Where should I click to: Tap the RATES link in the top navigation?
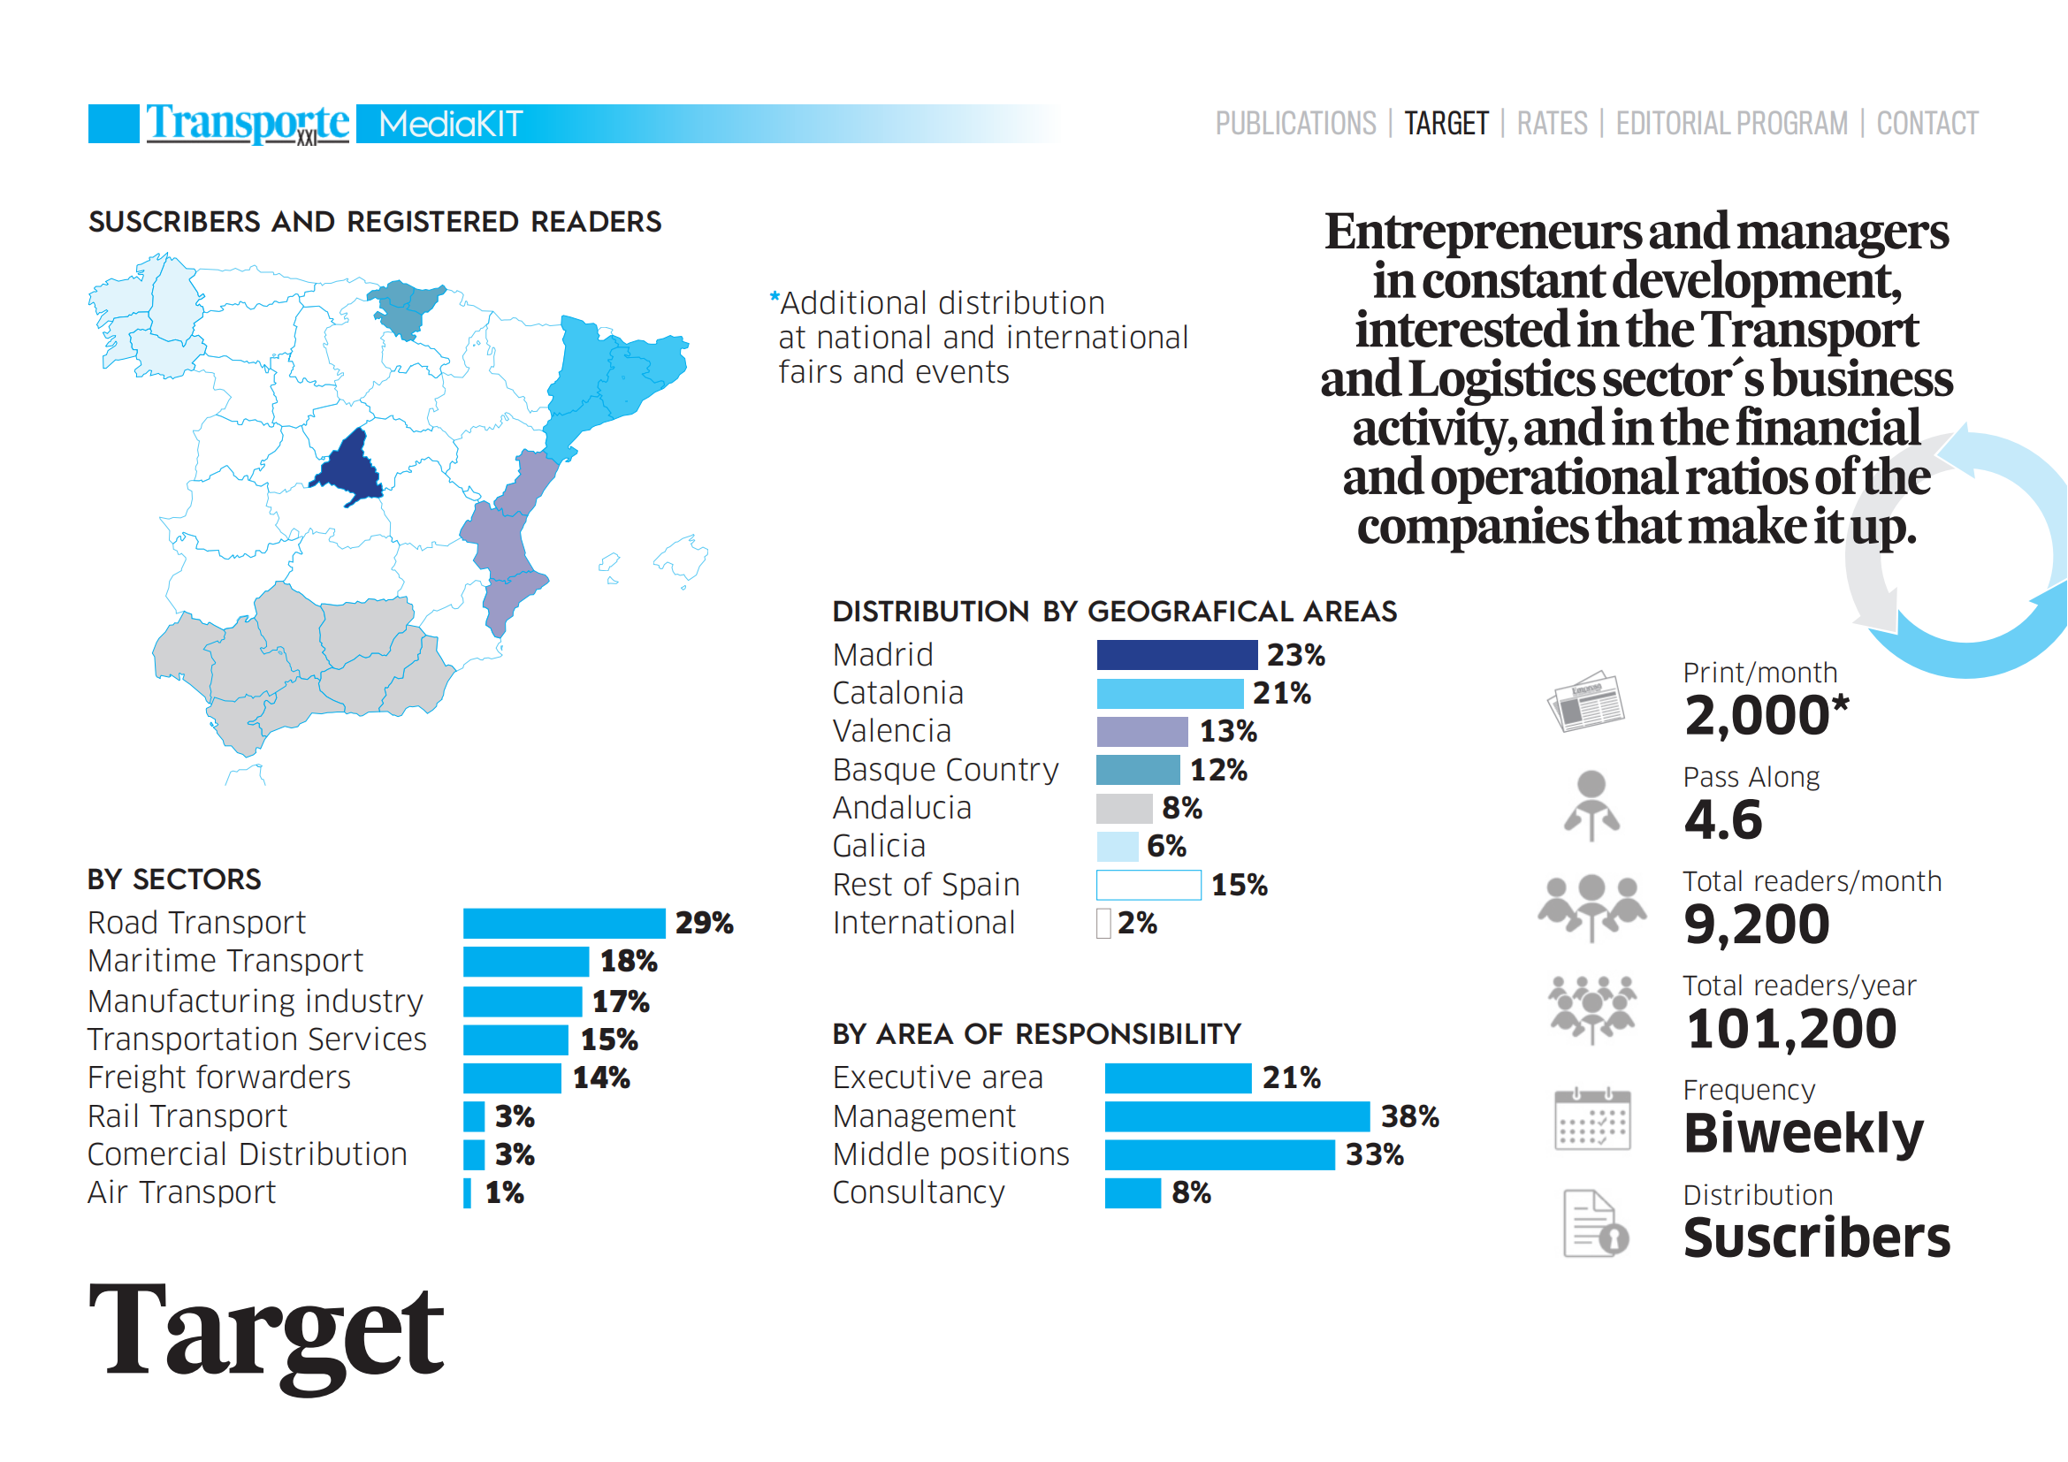[1551, 124]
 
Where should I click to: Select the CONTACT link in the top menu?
[1927, 124]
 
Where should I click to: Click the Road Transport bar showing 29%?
[564, 923]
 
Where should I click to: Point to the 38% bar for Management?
[1237, 1116]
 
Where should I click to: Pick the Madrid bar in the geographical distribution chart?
[1176, 654]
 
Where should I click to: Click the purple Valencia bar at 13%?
[1142, 731]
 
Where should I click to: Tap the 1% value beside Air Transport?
[504, 1192]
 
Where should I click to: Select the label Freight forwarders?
[219, 1077]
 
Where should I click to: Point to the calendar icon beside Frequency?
[1591, 1119]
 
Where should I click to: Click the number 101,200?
[1790, 1029]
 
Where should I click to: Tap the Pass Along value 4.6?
[1722, 819]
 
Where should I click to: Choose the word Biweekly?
[1803, 1132]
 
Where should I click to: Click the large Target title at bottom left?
[267, 1332]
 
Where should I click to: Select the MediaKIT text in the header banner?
[450, 125]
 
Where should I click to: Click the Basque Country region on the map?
[405, 306]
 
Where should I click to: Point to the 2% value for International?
[1137, 923]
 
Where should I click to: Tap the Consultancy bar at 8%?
[1133, 1192]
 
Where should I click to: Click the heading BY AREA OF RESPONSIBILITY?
[1036, 1034]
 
